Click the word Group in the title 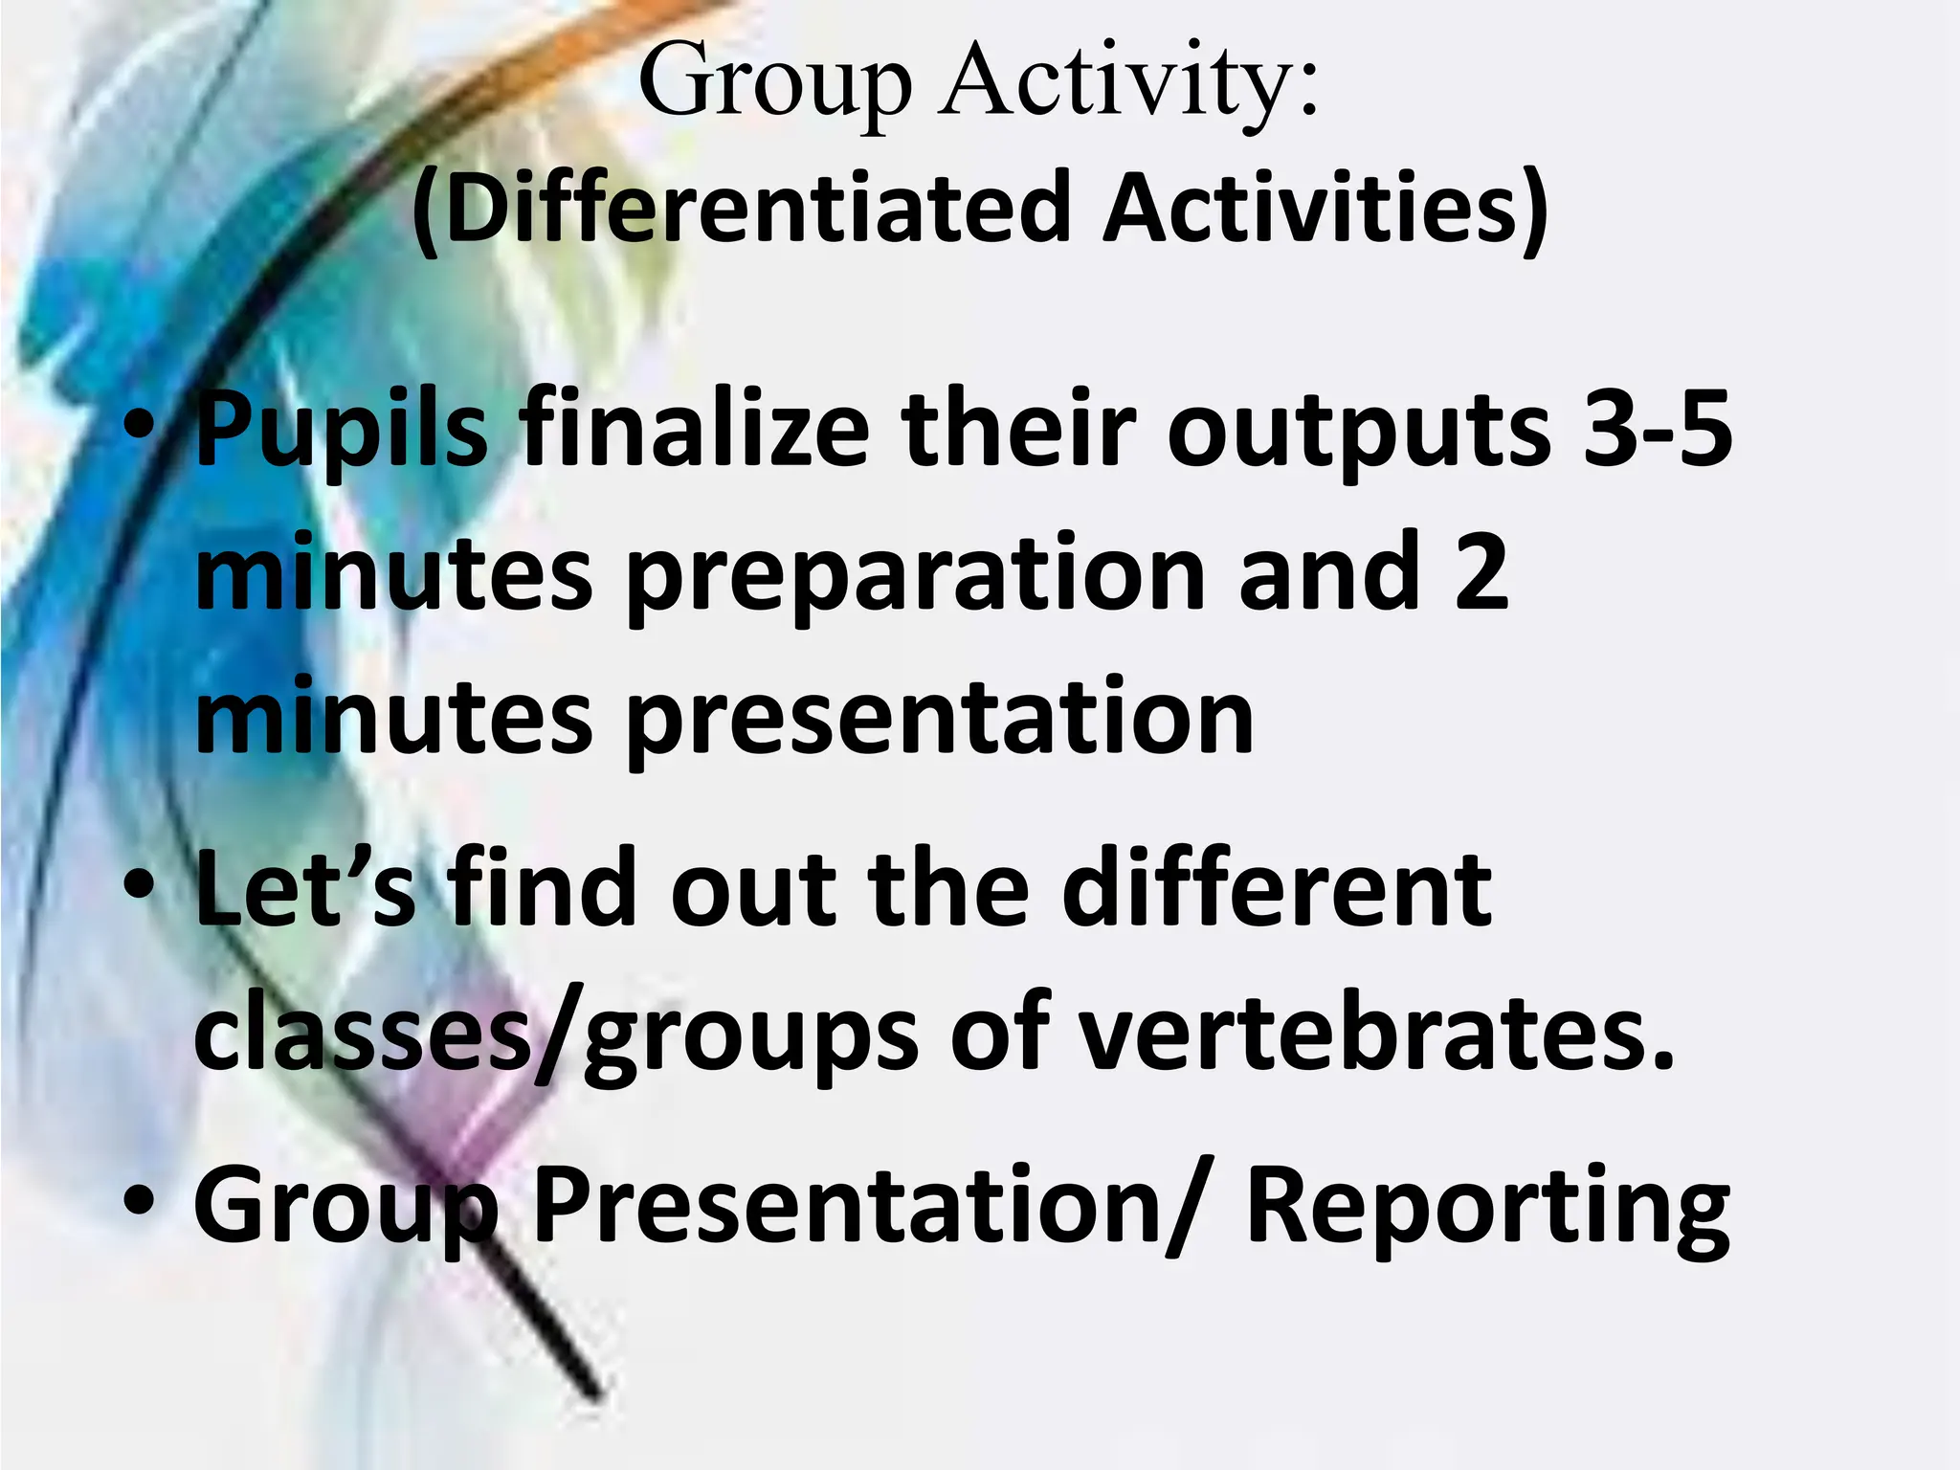point(774,84)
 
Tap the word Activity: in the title point(1129,84)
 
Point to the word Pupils point(341,431)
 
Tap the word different point(1277,889)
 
